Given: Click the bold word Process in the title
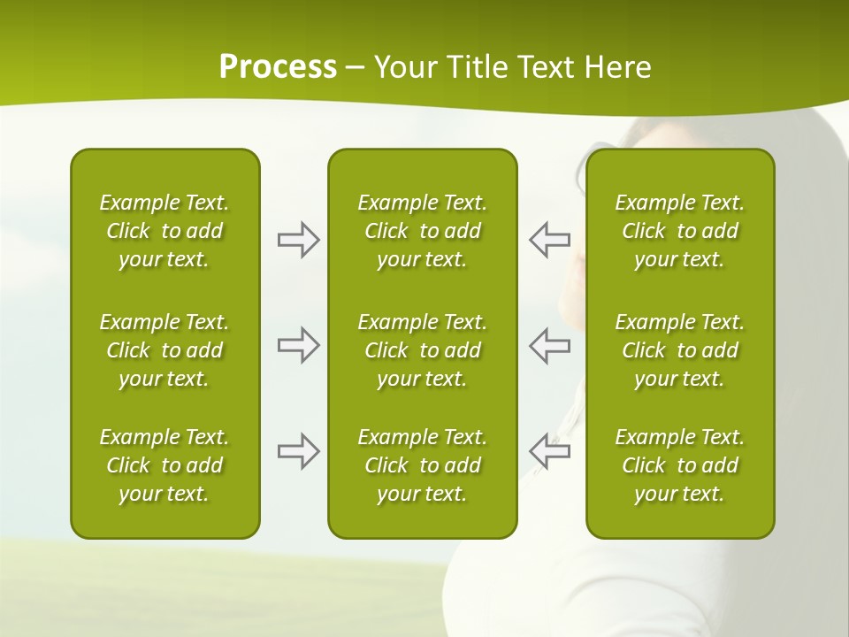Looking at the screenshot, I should click(278, 67).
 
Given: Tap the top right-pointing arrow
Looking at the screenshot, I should click(299, 240).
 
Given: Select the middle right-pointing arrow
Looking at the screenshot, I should click(299, 345).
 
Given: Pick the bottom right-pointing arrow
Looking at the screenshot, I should click(299, 451).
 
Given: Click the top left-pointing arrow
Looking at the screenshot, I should click(549, 240).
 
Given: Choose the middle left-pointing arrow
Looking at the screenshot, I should click(549, 345).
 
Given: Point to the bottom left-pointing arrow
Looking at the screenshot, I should click(549, 451).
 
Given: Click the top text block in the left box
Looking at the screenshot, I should click(164, 231).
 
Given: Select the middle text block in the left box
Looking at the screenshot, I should click(164, 350).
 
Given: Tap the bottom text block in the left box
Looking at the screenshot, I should click(164, 465).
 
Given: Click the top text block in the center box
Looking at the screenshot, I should click(422, 231).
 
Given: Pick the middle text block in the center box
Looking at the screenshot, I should click(422, 350).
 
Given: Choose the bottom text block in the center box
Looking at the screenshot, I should click(422, 465).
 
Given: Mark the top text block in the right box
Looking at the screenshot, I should click(680, 231).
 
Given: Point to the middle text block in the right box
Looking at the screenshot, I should click(680, 350).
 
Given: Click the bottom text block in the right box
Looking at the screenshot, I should click(680, 465).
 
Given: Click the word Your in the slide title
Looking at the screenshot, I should click(403, 67).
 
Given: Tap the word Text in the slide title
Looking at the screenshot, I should click(545, 67).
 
